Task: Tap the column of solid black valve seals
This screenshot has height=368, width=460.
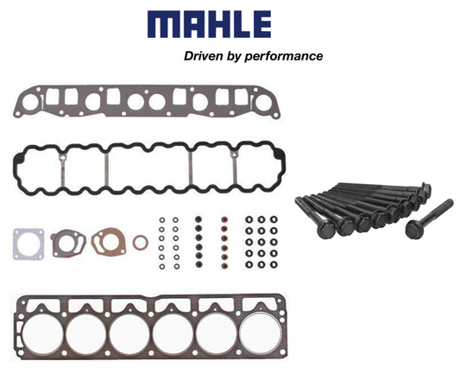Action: coord(198,243)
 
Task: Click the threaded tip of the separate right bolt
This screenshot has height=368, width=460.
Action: coord(450,203)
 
